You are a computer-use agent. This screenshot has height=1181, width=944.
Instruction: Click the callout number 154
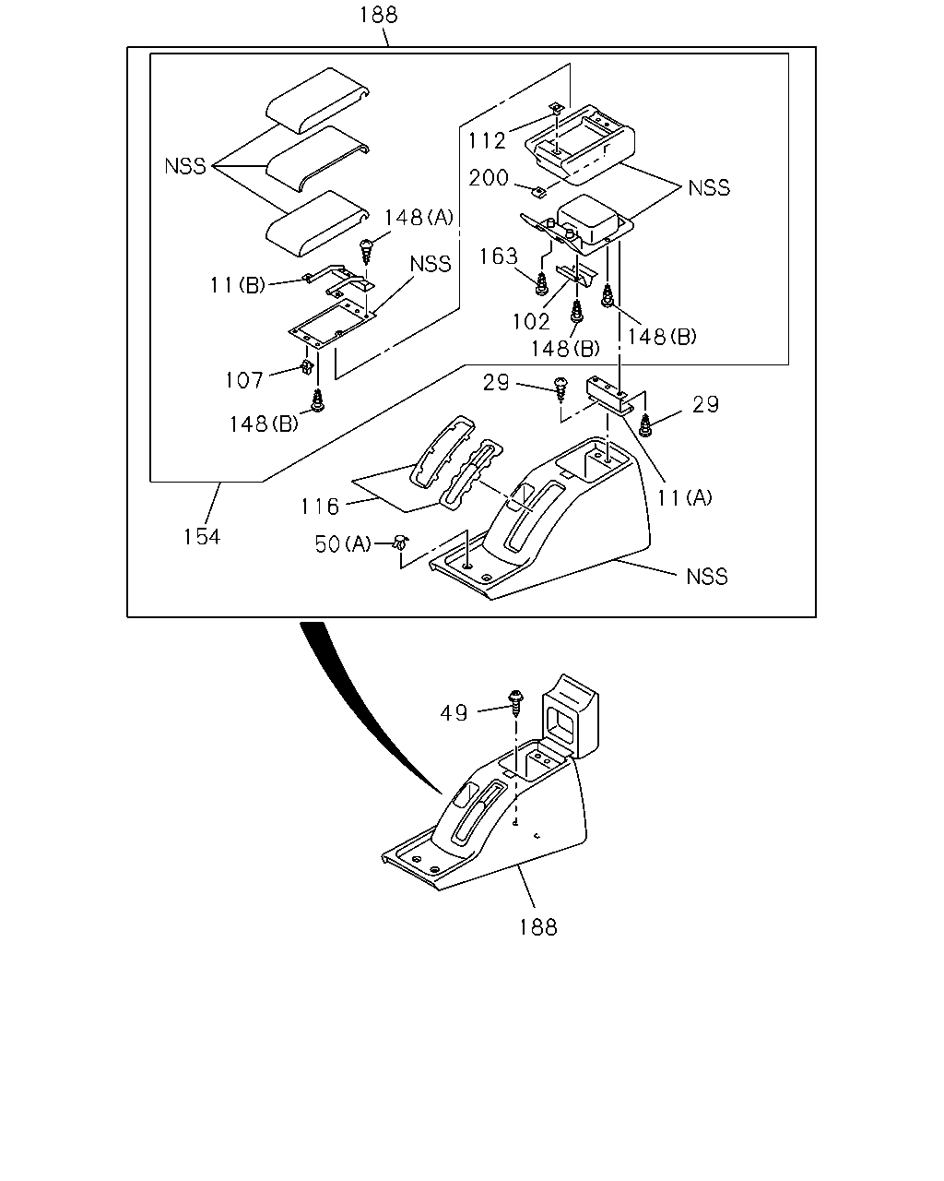[202, 536]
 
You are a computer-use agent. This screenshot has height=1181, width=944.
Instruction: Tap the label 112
[487, 140]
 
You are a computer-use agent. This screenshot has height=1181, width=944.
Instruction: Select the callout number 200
[489, 178]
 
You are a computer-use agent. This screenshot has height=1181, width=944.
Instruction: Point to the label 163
[499, 256]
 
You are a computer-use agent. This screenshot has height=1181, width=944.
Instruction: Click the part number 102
[531, 322]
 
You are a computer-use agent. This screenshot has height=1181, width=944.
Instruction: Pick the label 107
[244, 380]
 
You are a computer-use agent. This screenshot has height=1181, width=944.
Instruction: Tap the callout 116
[320, 506]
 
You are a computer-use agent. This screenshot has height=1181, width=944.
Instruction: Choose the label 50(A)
[343, 543]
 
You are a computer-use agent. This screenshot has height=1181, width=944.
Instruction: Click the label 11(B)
[238, 285]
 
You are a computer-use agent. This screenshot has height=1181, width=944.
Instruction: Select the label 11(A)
[685, 497]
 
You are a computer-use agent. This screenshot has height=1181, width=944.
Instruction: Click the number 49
[454, 713]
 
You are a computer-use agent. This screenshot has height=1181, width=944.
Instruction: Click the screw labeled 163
[542, 283]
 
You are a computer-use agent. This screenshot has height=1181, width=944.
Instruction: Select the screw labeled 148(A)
[366, 251]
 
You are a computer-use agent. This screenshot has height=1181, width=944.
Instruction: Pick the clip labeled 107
[308, 366]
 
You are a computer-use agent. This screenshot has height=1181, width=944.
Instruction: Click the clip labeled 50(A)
[402, 543]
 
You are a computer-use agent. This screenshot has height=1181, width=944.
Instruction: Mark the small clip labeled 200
[539, 192]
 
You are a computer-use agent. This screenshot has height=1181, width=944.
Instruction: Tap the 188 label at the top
[378, 15]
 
